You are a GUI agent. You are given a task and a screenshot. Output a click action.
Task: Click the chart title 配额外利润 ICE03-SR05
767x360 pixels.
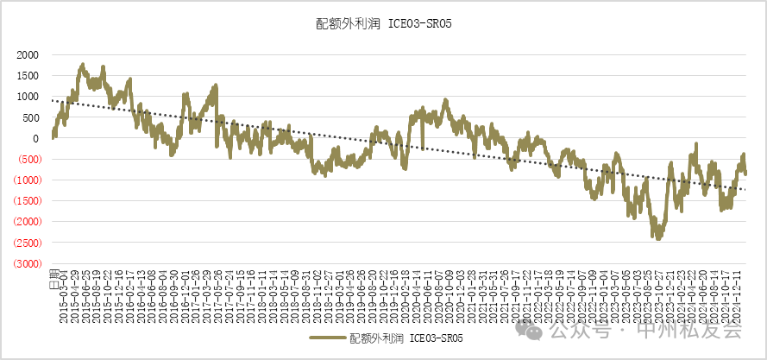tap(384, 24)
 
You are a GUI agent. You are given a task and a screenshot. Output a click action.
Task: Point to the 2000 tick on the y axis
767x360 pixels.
tap(28, 54)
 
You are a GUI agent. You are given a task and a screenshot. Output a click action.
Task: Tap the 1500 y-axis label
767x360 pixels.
tap(28, 75)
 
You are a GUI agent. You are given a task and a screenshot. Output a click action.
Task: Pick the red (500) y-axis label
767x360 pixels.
tap(26, 159)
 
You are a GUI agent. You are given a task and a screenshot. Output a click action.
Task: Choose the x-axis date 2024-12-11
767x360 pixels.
tap(739, 299)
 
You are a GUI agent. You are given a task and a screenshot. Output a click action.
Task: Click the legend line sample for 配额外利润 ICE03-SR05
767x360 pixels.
tap(327, 338)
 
